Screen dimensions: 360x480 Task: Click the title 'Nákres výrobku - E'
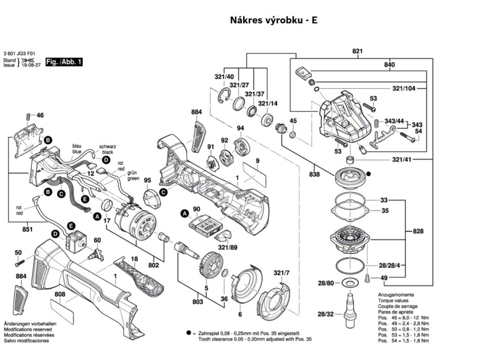[274, 21]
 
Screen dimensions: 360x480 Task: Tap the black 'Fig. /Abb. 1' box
[64, 62]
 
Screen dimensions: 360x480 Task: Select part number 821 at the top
[358, 51]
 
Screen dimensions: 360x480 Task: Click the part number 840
[390, 65]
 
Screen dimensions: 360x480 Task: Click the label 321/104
[405, 88]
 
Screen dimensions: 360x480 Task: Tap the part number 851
[28, 229]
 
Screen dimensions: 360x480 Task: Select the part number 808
[60, 295]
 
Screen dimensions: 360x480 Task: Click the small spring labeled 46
[29, 116]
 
